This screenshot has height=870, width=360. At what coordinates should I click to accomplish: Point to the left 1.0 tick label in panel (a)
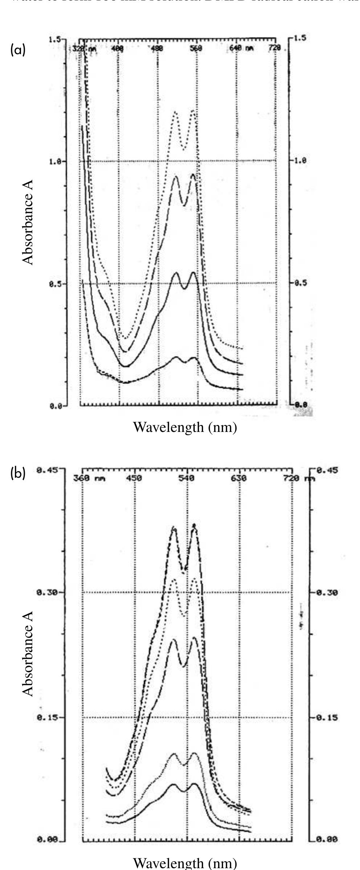point(56,162)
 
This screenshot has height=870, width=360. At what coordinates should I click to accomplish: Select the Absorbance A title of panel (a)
point(28,222)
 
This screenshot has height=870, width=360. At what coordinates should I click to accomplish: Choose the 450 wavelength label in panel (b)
point(134,478)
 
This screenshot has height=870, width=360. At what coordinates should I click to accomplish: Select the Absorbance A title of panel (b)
point(28,653)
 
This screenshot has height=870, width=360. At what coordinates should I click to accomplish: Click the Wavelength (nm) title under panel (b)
point(185,862)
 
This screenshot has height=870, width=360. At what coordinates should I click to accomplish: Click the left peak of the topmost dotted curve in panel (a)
point(175,113)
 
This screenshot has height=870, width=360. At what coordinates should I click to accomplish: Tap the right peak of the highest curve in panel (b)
point(194,525)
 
